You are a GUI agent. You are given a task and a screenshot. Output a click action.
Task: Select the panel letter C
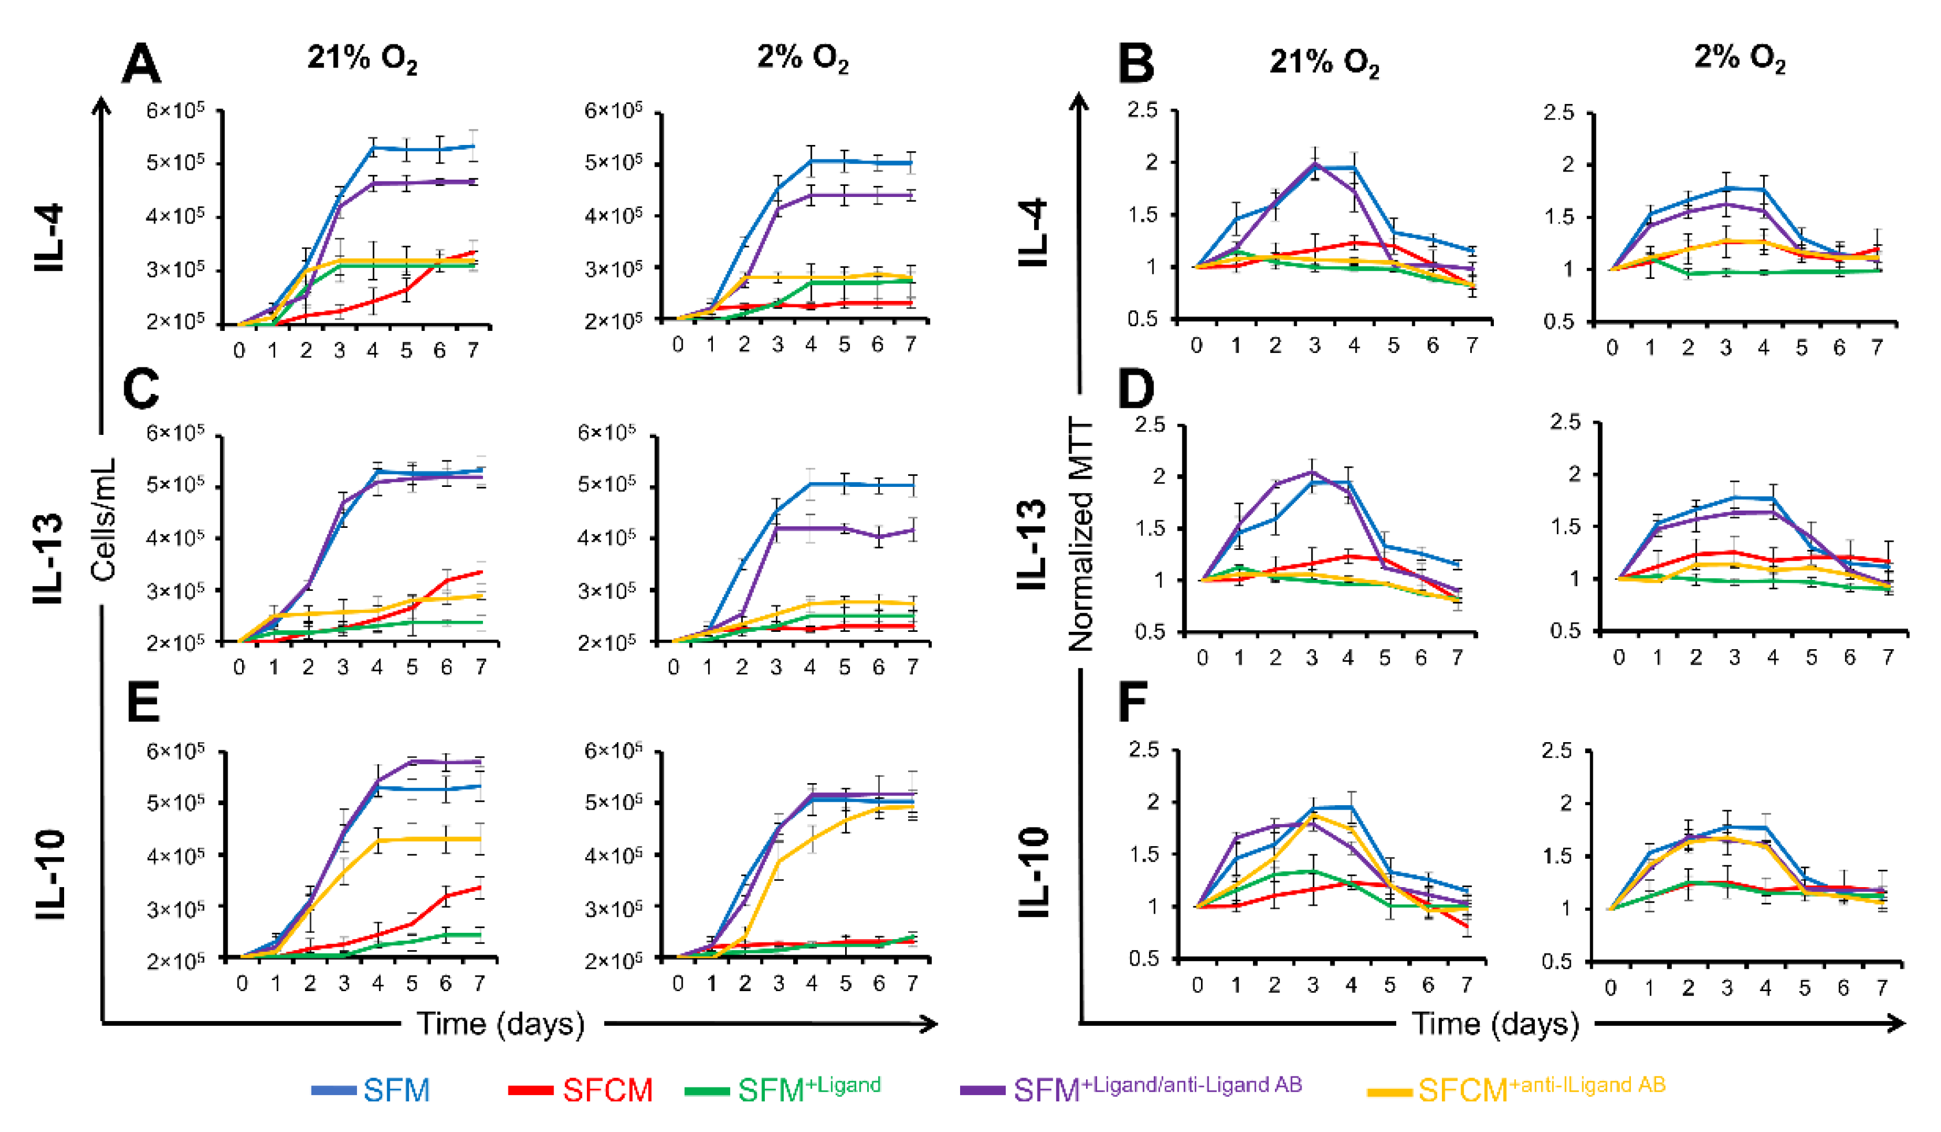(141, 389)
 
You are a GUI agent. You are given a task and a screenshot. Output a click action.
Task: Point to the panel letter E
(143, 702)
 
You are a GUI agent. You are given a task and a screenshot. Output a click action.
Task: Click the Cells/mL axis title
(104, 520)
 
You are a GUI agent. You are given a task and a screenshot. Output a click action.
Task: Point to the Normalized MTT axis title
(1081, 536)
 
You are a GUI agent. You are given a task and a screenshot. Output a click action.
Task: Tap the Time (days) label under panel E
(501, 1024)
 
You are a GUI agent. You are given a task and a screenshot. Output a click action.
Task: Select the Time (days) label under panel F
(1495, 1024)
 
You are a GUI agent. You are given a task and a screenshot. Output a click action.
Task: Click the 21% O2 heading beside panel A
(363, 58)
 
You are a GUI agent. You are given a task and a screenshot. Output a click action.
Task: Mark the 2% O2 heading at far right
(1739, 57)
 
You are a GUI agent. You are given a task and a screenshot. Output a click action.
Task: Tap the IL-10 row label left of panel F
(1035, 873)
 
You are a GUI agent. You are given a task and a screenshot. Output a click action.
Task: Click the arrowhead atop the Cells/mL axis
(101, 106)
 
